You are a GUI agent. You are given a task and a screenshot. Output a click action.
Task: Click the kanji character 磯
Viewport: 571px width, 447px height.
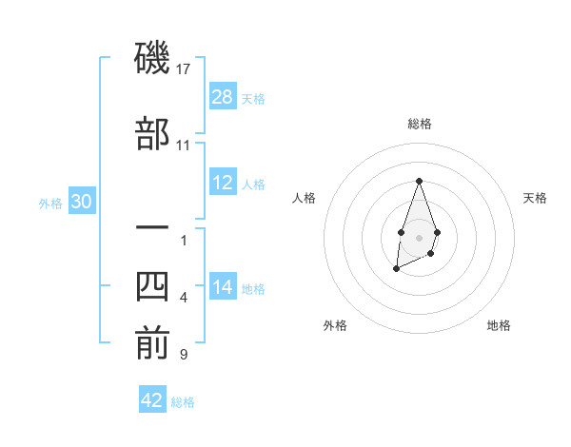coord(152,60)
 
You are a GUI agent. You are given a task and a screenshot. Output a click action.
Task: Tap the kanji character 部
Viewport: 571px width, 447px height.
coord(152,134)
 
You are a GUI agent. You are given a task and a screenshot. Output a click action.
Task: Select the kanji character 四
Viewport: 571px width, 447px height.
coord(152,287)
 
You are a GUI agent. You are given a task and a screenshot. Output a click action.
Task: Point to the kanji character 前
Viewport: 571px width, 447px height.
coord(152,344)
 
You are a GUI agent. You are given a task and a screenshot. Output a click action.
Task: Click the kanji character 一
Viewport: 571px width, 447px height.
coord(152,229)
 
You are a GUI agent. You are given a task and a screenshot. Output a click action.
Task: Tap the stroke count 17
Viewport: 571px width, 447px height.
coord(184,68)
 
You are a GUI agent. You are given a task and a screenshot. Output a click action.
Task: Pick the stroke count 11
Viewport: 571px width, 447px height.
coord(184,145)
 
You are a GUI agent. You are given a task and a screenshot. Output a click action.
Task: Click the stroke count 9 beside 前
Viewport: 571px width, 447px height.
coord(183,355)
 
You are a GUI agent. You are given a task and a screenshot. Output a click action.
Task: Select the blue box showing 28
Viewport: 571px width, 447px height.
coord(223,97)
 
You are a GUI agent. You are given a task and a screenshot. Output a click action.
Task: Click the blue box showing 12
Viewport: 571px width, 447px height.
coord(223,183)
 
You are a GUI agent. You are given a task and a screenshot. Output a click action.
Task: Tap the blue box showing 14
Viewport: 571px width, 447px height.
coord(223,287)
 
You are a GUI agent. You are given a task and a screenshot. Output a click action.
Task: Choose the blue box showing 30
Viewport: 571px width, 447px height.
coord(81,202)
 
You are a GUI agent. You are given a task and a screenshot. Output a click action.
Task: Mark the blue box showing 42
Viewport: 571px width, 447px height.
coord(152,400)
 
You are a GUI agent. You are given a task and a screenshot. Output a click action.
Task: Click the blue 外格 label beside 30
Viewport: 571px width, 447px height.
coord(50,203)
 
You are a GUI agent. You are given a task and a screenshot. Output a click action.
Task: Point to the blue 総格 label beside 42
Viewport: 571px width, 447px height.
coord(183,402)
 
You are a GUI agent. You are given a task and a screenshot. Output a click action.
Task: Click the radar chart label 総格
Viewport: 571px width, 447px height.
coord(419,124)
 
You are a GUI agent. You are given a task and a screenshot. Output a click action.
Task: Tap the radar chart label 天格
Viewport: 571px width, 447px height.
coord(535,198)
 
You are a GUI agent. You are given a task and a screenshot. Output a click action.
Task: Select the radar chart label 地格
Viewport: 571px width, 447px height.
coord(499,325)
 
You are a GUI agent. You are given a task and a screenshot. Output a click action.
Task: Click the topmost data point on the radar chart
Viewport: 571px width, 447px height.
coord(419,181)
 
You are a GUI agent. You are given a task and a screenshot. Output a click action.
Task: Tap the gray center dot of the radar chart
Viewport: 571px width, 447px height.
coord(419,236)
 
